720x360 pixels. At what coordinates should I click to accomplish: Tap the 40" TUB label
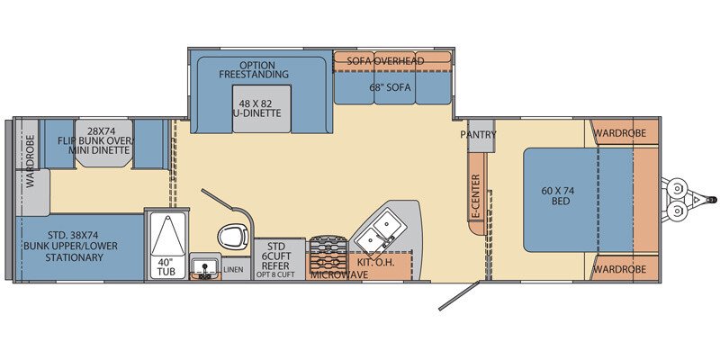coord(166,266)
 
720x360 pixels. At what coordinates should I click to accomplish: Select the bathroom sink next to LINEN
coord(204,267)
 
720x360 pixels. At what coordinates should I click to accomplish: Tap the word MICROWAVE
coord(339,275)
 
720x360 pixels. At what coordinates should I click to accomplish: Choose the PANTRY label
coord(478,134)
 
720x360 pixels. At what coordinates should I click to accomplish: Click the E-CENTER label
coord(475,196)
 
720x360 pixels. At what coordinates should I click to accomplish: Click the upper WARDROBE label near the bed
coord(619,133)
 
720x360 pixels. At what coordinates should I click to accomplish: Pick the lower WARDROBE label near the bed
coord(619,269)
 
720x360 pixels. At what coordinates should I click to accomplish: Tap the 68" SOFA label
coord(391,87)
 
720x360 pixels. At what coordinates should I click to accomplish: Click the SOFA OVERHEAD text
coord(385,61)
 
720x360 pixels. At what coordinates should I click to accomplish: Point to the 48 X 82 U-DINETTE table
coord(262,109)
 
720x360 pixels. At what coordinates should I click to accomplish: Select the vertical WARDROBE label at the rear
coord(31,161)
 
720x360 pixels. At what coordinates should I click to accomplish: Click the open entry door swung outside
coord(457,296)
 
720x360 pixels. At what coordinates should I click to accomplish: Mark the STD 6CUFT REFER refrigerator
coord(280,258)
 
